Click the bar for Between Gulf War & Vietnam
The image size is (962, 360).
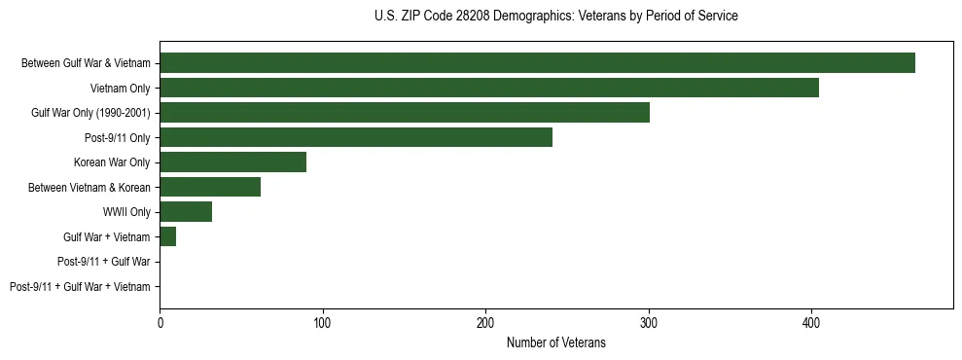pos(537,62)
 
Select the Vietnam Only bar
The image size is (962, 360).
pos(489,88)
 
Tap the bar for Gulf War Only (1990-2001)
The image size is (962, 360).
pos(405,113)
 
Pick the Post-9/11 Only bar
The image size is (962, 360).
pos(356,137)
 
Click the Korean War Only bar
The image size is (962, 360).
pos(233,162)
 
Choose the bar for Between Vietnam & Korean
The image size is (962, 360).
pos(210,187)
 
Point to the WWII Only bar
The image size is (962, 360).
pos(186,212)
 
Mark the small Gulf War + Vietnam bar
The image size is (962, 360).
pos(168,236)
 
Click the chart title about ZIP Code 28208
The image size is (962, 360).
pos(555,17)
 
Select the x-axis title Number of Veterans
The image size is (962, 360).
pos(555,342)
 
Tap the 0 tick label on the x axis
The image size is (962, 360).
pos(160,322)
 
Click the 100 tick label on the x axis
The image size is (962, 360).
pos(323,322)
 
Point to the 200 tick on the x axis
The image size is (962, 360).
pos(485,322)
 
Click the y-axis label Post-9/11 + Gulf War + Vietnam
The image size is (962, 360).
pos(80,287)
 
